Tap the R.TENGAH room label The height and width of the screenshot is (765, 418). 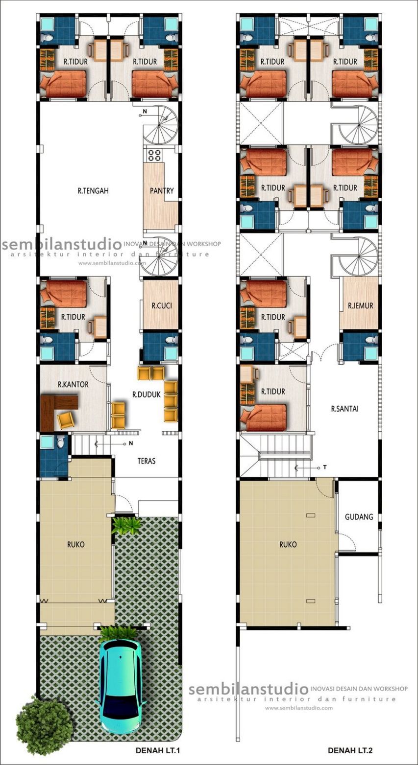pos(93,191)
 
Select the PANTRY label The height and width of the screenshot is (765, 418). pos(162,191)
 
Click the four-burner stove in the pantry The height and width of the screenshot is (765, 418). pos(155,155)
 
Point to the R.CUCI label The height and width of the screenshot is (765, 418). pos(162,306)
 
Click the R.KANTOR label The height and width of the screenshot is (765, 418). pos(73,385)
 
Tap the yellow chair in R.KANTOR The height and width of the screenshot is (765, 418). pos(66,419)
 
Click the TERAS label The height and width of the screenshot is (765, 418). pos(147,461)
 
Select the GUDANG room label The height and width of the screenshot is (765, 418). pos(359,516)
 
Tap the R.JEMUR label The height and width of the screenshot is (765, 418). pos(361,306)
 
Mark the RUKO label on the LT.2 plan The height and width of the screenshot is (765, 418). pos(288,544)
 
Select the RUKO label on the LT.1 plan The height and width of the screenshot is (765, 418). pos(76,544)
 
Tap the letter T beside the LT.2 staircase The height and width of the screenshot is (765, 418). pos(324,467)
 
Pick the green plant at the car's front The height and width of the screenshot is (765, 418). pos(118,634)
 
